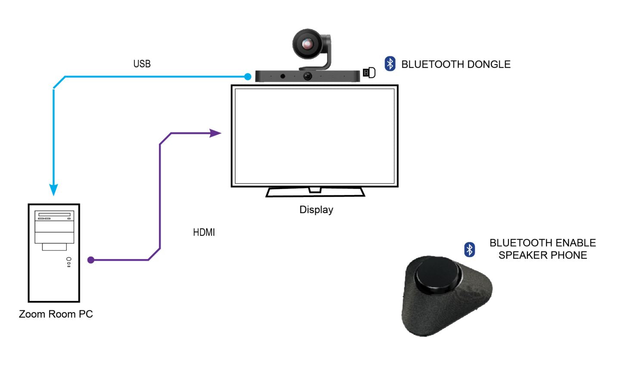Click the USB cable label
pyautogui.click(x=142, y=64)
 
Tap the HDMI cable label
pyautogui.click(x=204, y=232)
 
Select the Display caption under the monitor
pyautogui.click(x=316, y=210)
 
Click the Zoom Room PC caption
pyautogui.click(x=56, y=314)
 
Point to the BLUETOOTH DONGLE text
pyautogui.click(x=456, y=65)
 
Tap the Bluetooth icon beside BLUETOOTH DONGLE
pyautogui.click(x=390, y=64)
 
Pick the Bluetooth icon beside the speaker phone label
pyautogui.click(x=469, y=249)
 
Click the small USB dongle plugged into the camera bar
pyautogui.click(x=369, y=73)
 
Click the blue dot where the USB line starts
pyautogui.click(x=247, y=77)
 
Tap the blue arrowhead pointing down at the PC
pyautogui.click(x=53, y=190)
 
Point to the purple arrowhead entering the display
pyautogui.click(x=215, y=133)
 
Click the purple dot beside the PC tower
pyautogui.click(x=91, y=260)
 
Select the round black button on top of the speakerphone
pyautogui.click(x=437, y=275)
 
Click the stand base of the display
pyautogui.click(x=315, y=192)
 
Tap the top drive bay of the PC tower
pyautogui.click(x=54, y=214)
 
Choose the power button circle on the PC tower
pyautogui.click(x=69, y=259)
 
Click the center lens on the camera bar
pyautogui.click(x=307, y=76)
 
